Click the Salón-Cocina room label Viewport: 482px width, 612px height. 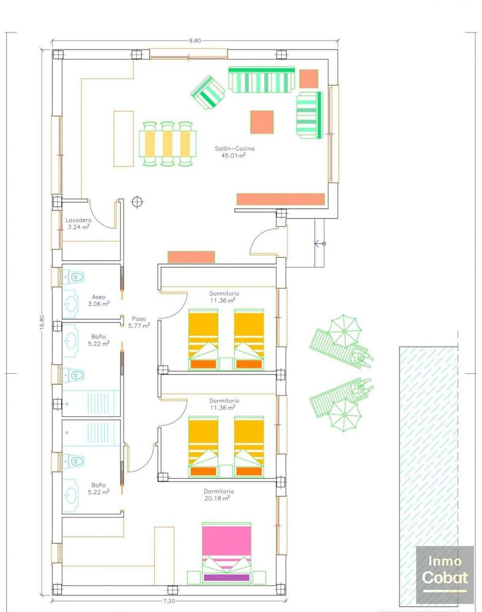point(234,149)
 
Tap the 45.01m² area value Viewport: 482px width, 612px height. point(233,155)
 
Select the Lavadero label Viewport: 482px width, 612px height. point(78,220)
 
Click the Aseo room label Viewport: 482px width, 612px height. point(98,296)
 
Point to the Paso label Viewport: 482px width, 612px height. point(138,319)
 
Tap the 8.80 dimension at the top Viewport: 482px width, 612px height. point(195,40)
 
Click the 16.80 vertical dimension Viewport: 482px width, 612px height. point(42,323)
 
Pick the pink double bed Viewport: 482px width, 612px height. point(227,542)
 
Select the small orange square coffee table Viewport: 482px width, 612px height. point(262,122)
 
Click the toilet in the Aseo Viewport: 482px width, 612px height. point(75,277)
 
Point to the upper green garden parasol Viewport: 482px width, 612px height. point(343,330)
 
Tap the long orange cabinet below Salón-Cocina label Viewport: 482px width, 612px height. point(280,200)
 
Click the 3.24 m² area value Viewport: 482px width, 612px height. point(79,226)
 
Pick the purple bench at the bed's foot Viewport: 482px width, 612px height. point(227,577)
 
